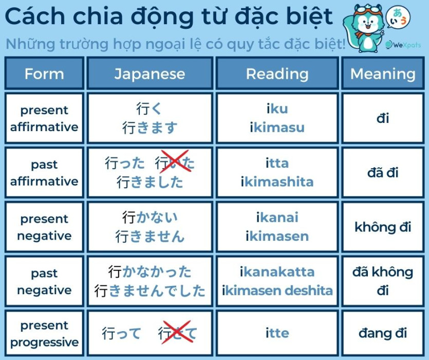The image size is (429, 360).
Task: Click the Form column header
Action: click(44, 74)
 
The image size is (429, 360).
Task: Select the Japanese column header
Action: click(150, 74)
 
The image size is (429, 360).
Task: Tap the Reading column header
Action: click(277, 74)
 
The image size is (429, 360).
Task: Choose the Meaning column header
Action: click(383, 74)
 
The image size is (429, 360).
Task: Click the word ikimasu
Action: click(277, 128)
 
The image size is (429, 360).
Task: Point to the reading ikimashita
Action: click(277, 182)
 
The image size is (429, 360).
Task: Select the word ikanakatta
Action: click(277, 272)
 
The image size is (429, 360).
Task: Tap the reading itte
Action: click(277, 333)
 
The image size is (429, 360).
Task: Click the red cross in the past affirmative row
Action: click(175, 161)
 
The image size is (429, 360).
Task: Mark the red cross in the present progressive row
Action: click(176, 332)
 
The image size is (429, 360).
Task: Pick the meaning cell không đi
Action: click(383, 227)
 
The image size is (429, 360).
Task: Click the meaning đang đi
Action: click(383, 333)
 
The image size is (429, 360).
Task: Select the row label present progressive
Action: click(44, 334)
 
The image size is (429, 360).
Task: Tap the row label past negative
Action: click(44, 282)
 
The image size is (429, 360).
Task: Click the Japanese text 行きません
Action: click(150, 237)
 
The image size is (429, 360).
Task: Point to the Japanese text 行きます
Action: click(150, 128)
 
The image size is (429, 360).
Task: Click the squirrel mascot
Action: click(364, 28)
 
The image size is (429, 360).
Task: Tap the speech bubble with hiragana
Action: click(398, 17)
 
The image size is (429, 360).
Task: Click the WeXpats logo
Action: click(403, 45)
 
